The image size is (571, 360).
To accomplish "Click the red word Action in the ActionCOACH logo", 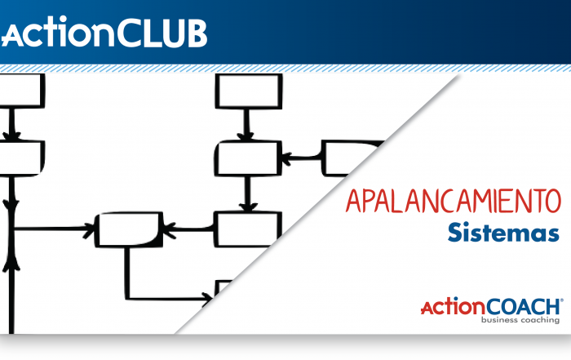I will [x=453, y=308].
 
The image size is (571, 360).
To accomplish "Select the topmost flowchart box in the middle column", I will [x=249, y=91].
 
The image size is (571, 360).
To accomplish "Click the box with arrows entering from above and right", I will [x=248, y=157].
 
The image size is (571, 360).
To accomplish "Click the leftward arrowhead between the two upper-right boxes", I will [x=287, y=157].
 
